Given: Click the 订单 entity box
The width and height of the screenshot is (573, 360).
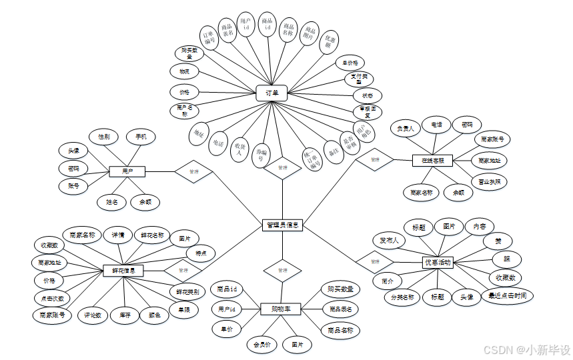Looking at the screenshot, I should click(271, 94).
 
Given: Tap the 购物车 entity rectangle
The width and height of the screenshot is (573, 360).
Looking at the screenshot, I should click(281, 309).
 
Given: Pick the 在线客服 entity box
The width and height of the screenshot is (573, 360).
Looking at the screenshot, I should click(432, 161).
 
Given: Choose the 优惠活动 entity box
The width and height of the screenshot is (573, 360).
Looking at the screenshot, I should click(438, 263).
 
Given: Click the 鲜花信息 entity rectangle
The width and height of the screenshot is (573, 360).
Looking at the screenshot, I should click(124, 271).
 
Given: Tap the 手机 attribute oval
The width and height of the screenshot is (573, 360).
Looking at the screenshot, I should click(141, 137).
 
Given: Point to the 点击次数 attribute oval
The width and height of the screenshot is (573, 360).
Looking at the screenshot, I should click(53, 298).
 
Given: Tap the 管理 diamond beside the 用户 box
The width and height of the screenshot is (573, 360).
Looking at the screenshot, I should click(193, 171).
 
